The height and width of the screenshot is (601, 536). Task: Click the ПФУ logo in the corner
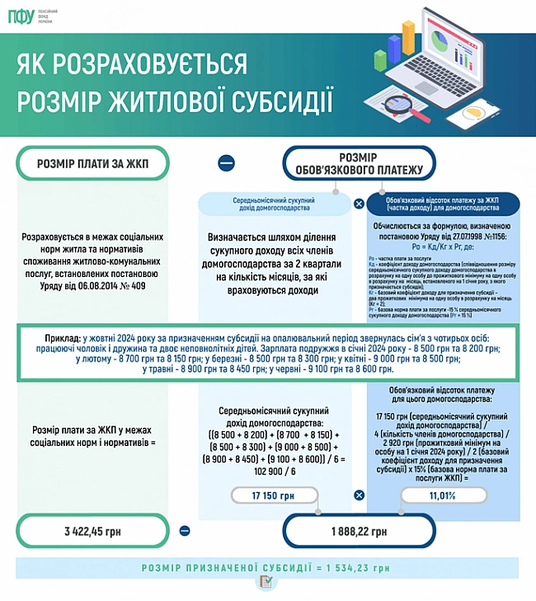(21, 17)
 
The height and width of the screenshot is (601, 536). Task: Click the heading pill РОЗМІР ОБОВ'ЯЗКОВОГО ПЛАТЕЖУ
(358, 163)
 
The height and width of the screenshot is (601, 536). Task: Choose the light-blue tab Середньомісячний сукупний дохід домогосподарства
(275, 203)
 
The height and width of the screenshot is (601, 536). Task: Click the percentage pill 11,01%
(442, 495)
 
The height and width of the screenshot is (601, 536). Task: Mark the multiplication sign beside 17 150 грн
(359, 495)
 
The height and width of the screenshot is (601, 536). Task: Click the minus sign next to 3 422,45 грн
(186, 532)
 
